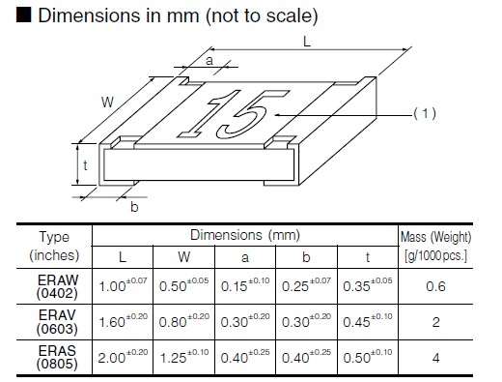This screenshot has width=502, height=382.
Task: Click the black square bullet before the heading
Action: click(x=24, y=15)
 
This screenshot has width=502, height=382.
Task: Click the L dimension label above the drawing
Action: click(x=307, y=42)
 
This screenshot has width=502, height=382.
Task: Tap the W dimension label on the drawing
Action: click(x=107, y=103)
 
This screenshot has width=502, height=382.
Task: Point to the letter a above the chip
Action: click(x=209, y=60)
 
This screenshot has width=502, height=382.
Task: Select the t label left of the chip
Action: click(x=85, y=165)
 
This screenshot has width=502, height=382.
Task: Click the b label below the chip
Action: click(x=134, y=207)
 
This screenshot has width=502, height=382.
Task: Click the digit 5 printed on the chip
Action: click(x=247, y=114)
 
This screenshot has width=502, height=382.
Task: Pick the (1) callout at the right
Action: click(x=425, y=113)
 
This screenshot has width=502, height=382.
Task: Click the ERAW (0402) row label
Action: click(x=57, y=286)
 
